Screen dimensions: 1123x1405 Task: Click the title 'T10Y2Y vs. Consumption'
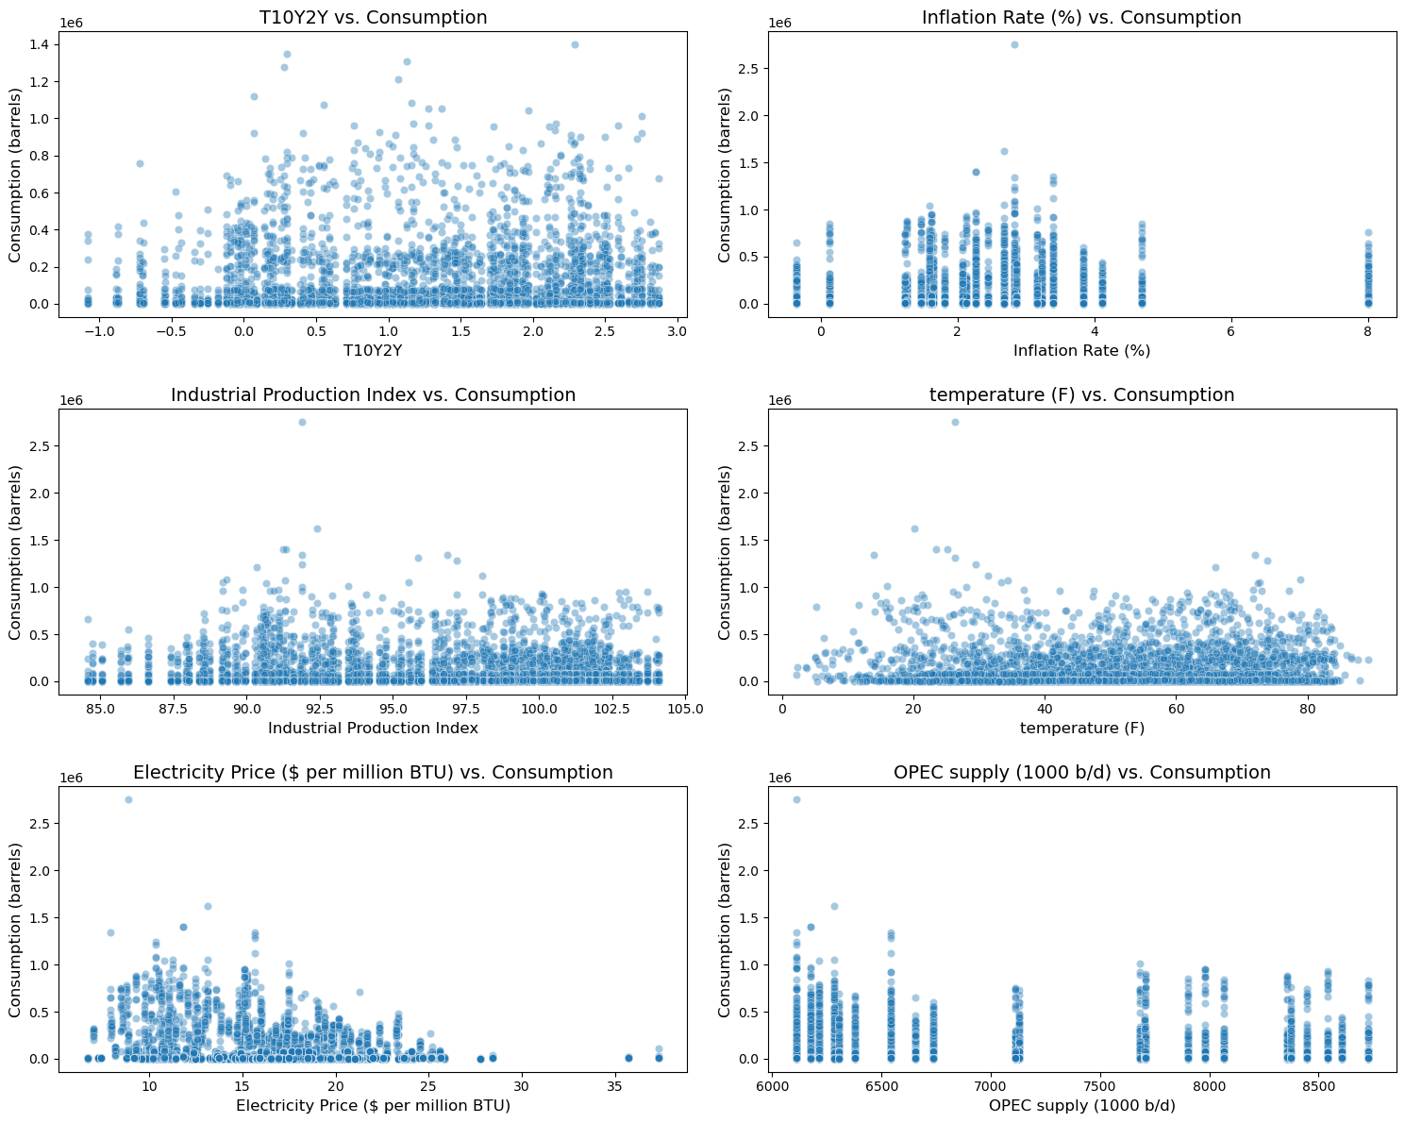pos(373,18)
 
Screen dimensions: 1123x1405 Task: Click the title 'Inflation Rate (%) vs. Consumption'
pos(1081,18)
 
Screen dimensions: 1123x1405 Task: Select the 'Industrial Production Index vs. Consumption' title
pos(373,395)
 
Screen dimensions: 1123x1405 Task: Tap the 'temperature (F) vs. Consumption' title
pos(1081,395)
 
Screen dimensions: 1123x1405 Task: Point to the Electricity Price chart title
pos(373,773)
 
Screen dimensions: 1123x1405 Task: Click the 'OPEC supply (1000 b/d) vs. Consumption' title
pos(1081,773)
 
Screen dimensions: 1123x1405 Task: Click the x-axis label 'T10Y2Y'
pos(373,350)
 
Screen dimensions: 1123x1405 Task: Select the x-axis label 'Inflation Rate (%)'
pos(1081,350)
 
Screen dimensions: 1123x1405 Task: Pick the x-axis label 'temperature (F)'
pos(1081,728)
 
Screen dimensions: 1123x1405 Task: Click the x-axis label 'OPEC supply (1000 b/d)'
pos(1081,1105)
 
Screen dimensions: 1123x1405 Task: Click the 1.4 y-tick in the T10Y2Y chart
pos(40,44)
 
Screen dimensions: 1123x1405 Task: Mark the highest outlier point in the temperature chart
pos(955,422)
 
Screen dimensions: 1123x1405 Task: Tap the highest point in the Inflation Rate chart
pos(1014,44)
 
